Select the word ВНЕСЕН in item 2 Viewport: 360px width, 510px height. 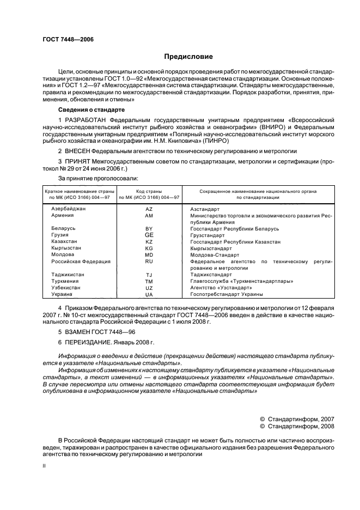pos(78,151)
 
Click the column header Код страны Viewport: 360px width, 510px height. pos(149,191)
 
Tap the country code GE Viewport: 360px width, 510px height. pos(149,235)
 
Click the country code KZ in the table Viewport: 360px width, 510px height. pos(149,241)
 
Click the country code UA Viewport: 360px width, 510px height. pos(149,294)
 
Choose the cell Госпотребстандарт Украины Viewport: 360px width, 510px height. pos(226,294)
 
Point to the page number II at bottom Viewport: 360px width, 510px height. pos(45,466)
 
